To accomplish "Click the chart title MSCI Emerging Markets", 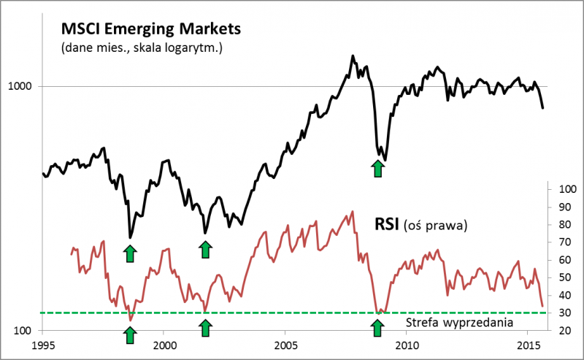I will pos(151,29).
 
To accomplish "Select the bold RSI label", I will pos(386,223).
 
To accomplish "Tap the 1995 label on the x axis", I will pos(43,344).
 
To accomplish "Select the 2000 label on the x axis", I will pos(164,344).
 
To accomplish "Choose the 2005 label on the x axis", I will pos(285,344).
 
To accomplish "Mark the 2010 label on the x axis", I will pos(407,344).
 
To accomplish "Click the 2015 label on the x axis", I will pos(528,344).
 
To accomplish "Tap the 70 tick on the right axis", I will pos(563,242).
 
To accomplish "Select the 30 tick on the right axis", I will pos(563,313).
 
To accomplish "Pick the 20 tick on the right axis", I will pos(563,331).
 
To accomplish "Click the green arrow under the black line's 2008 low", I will pos(377,169).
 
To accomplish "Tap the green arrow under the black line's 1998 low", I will pos(130,253).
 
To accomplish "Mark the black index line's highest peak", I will pos(353,55).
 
